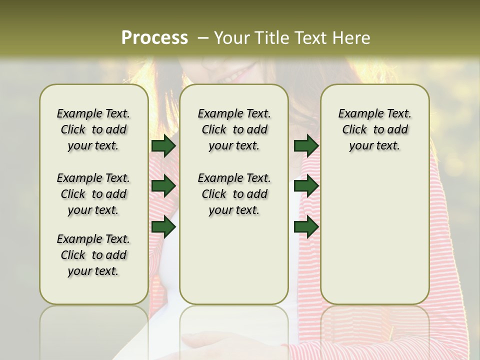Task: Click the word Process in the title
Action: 154,38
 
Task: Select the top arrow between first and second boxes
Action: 163,145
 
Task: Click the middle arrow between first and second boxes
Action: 163,186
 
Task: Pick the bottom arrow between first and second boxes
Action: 163,227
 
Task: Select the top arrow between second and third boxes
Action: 306,145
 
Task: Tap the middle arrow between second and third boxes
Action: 306,186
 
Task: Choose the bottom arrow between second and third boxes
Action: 306,227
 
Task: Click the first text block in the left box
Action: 93,129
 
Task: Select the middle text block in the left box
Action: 93,194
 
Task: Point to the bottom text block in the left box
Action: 93,255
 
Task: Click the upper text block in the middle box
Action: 234,129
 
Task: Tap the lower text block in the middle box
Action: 234,194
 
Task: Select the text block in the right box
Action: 374,129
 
